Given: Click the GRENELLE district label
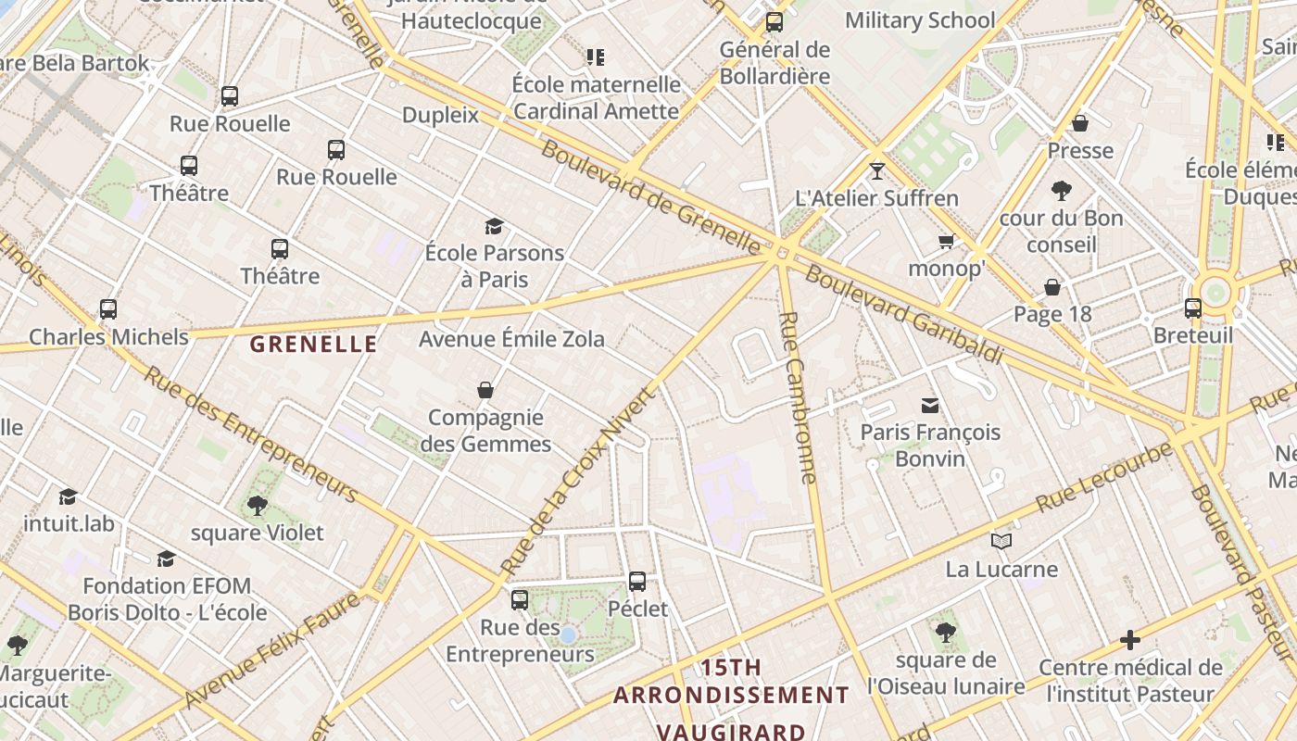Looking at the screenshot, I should coord(313,345).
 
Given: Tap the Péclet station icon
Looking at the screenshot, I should coord(637,582).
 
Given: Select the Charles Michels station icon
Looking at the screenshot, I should coord(108,309).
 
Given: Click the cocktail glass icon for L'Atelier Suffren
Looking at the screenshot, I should coord(876,170).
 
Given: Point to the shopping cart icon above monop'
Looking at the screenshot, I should coord(946,242).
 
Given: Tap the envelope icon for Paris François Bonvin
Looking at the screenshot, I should coord(929,405).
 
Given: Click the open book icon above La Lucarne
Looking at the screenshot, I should coord(1001,541).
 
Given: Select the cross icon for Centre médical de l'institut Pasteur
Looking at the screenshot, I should coord(1129,639).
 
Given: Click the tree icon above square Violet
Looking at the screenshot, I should coord(257,505).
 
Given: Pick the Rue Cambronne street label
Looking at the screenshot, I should coord(798,397).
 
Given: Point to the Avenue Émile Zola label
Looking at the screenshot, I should coord(511,339).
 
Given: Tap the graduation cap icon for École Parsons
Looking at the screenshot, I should coord(494,226).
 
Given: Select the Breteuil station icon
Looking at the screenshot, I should coord(1193,308).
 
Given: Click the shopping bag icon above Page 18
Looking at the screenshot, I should coord(1052,287).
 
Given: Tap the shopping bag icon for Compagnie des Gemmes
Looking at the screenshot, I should coord(485,390).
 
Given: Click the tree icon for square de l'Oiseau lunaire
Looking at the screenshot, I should coord(945,632).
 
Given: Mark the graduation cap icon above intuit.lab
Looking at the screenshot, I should coord(68,496).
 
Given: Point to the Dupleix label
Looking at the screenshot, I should coord(440,115).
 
